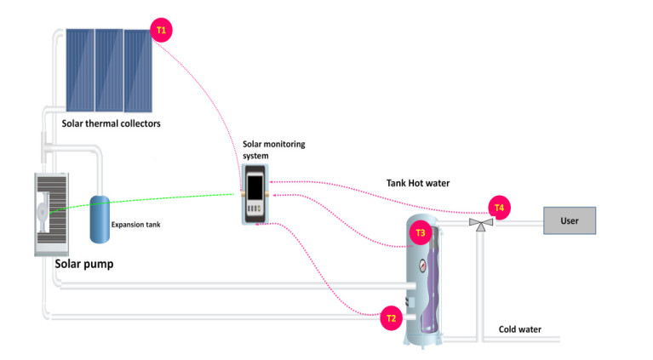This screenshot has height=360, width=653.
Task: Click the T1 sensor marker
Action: (161, 30)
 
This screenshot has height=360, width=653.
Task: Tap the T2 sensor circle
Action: (391, 318)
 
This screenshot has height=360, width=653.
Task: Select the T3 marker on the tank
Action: (421, 232)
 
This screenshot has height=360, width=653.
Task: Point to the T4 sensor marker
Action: (499, 208)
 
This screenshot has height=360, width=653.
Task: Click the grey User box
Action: (570, 220)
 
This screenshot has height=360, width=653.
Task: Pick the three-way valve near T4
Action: (481, 224)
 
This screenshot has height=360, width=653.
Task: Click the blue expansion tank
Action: (100, 220)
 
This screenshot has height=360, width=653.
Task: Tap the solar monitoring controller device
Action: (255, 194)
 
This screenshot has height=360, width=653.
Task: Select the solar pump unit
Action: (51, 214)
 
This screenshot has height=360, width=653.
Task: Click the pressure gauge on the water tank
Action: (422, 266)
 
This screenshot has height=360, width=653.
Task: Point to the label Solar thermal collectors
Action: (112, 123)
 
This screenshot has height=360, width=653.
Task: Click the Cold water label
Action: (519, 329)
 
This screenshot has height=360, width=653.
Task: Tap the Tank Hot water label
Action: (418, 183)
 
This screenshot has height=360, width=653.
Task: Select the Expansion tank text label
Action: (135, 225)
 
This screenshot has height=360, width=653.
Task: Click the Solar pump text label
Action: (84, 264)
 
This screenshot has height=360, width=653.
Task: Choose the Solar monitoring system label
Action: (273, 150)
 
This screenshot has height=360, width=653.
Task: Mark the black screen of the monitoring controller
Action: (255, 188)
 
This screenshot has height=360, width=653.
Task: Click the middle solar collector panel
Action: (109, 70)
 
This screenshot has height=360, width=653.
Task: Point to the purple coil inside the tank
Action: (430, 283)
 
